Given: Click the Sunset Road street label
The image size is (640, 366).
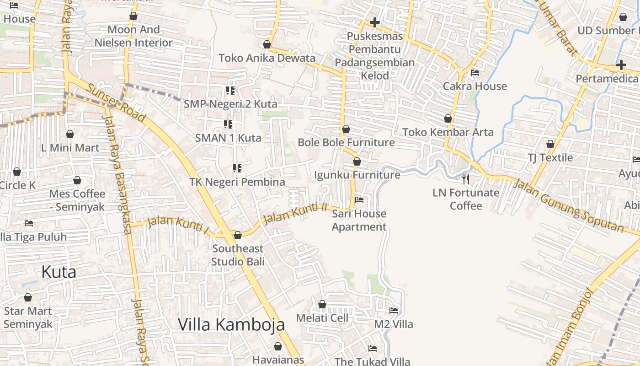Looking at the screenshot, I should [116, 103].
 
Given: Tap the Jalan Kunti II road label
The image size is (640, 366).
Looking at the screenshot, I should [295, 213].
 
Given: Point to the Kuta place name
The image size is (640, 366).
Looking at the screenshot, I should [59, 272].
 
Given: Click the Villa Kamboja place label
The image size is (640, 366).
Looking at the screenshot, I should [231, 324].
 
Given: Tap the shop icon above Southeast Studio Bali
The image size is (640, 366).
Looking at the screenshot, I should [237, 236].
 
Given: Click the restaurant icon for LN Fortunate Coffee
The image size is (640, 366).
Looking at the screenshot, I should [466, 179].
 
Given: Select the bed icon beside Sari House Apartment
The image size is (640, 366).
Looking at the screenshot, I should [359, 200].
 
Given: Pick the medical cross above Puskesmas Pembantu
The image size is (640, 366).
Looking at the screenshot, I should [374, 22].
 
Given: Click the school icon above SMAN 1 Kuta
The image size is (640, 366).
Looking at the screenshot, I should [228, 124].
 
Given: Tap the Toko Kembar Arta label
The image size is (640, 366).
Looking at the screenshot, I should [448, 132].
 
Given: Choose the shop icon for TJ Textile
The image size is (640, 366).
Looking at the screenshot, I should [550, 144].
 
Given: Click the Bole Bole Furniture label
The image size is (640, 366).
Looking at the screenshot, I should [346, 142].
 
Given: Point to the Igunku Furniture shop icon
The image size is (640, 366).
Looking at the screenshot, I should [357, 161].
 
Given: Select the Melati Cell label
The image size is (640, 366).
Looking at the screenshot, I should [322, 318].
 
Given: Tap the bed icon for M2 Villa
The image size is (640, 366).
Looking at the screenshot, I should [394, 311].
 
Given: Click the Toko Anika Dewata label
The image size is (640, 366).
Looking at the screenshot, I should [267, 58].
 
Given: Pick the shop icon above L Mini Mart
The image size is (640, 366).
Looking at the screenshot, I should [70, 134].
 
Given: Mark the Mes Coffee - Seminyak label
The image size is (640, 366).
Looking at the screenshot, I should [77, 200].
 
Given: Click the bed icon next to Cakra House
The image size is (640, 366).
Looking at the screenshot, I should [475, 73].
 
